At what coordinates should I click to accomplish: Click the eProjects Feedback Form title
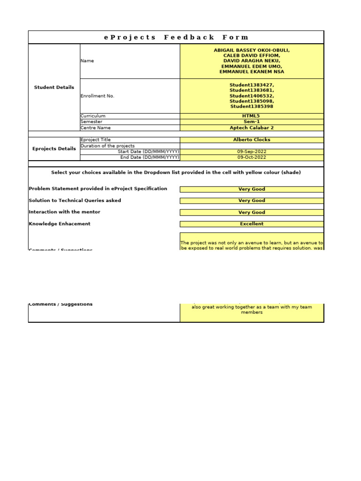(176, 37)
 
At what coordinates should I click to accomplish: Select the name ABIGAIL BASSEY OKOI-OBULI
(251, 50)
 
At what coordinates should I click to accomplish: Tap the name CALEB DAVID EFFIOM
(251, 55)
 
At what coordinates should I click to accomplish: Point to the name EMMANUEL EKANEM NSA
(251, 72)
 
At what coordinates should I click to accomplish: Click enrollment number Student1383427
(251, 85)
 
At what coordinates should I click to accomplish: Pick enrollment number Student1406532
(251, 96)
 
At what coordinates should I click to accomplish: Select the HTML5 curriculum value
(251, 116)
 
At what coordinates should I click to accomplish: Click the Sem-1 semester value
(251, 122)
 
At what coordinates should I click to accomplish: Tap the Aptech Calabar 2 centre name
(251, 128)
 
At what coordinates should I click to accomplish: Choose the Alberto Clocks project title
(251, 140)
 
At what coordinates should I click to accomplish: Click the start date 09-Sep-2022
(251, 152)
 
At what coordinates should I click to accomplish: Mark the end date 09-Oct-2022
(251, 157)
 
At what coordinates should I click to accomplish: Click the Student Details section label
(54, 87)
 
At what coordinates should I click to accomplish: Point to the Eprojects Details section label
(54, 149)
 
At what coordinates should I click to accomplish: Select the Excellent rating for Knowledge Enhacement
(251, 224)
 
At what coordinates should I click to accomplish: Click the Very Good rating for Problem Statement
(251, 189)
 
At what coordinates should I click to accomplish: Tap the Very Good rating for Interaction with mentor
(251, 212)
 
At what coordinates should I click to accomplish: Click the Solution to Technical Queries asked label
(75, 201)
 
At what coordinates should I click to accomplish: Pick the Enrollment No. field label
(97, 96)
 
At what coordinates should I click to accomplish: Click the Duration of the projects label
(108, 146)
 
